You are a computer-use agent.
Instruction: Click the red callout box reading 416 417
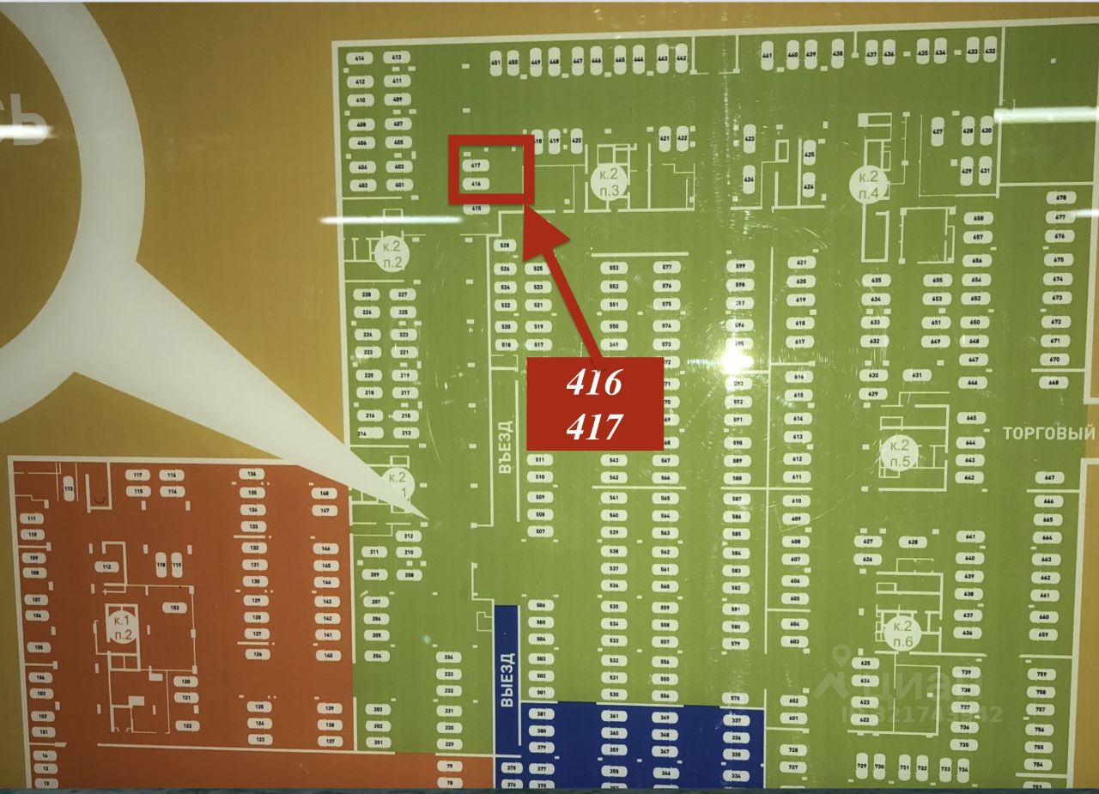tap(594, 403)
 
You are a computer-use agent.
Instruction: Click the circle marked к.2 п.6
tap(902, 633)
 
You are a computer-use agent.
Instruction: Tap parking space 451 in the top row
tap(495, 63)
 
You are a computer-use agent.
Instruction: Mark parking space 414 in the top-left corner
tap(360, 58)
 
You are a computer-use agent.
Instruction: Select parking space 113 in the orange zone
tap(69, 488)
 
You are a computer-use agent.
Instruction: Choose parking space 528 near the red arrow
tap(505, 245)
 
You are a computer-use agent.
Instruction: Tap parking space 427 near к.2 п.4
tap(938, 131)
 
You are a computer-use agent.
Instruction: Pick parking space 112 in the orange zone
tap(106, 567)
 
